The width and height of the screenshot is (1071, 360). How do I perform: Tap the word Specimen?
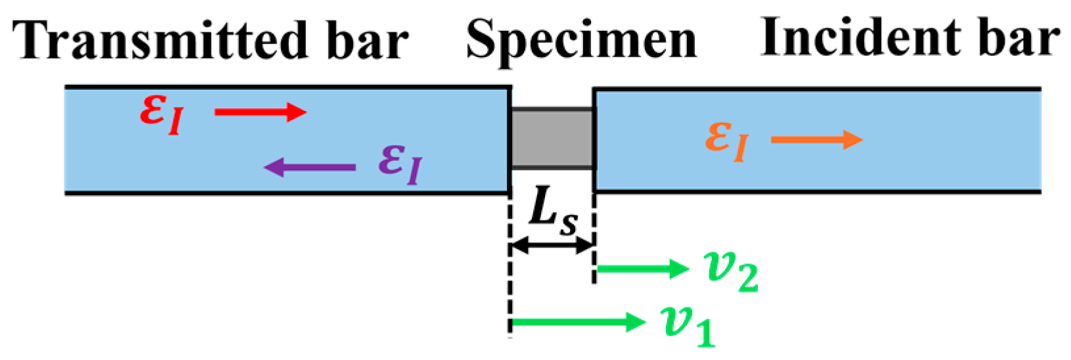tap(581, 43)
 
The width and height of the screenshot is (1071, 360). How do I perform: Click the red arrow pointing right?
tap(261, 112)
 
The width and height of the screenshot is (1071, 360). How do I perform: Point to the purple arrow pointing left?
tap(310, 168)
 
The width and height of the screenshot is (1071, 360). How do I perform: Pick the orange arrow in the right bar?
tap(817, 140)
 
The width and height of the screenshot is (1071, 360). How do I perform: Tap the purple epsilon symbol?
tap(401, 164)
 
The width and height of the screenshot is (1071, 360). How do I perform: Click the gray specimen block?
tap(552, 139)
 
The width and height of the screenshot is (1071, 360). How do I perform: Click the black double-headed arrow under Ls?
tap(552, 245)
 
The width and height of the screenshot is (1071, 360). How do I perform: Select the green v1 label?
tap(688, 326)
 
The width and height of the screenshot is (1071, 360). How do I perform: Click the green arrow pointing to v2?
tap(643, 269)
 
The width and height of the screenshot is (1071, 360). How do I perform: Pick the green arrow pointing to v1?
tap(579, 322)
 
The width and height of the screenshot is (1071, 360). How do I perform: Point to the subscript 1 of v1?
tap(706, 333)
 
